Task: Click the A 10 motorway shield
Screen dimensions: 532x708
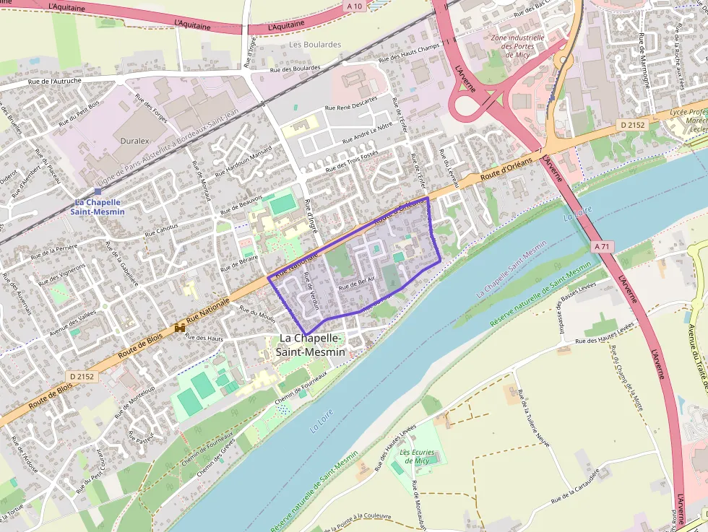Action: [353, 6]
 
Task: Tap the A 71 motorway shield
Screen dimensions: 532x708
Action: [600, 247]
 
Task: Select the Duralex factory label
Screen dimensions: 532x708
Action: [135, 141]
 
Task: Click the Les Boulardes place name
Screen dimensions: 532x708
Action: [314, 45]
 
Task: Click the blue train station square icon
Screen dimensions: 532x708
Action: [98, 191]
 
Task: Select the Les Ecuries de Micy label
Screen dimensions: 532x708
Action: [418, 456]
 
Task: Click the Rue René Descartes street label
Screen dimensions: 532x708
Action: [351, 103]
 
